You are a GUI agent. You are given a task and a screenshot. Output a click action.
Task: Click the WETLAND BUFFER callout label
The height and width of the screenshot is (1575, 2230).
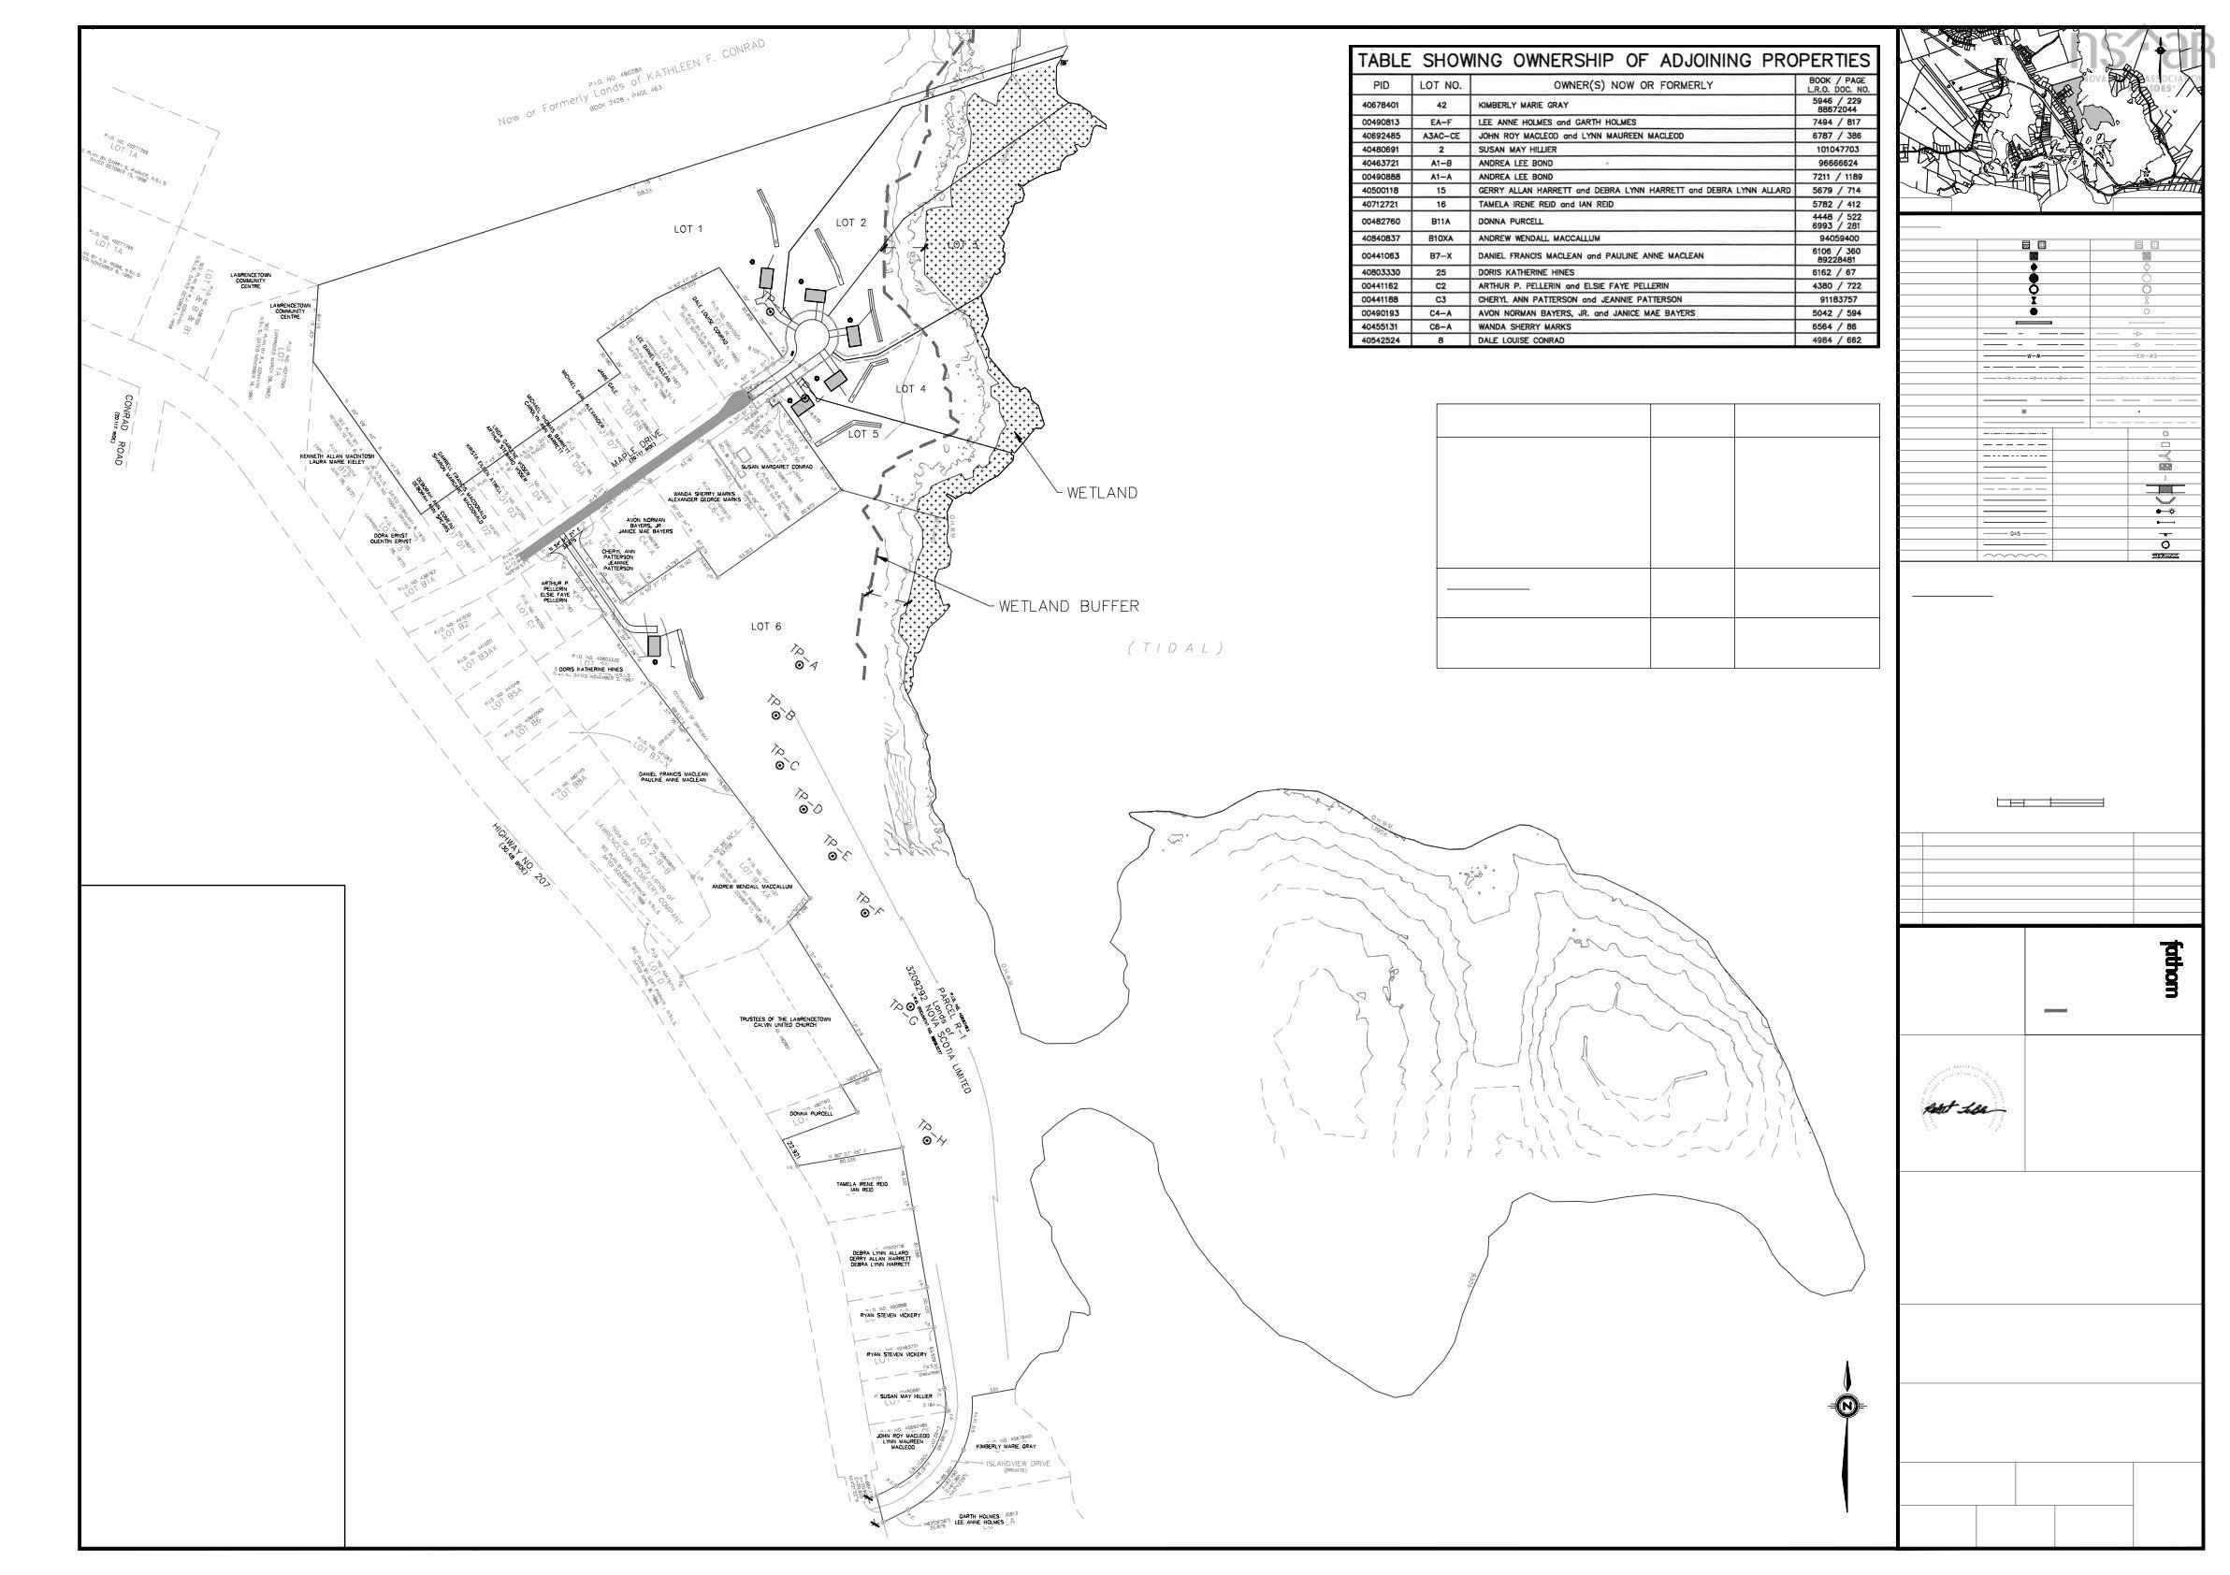[x=1068, y=606]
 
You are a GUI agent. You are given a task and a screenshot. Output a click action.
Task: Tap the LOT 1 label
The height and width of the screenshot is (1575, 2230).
[x=688, y=229]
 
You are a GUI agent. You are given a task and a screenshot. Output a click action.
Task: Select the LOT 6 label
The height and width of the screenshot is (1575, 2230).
[x=765, y=627]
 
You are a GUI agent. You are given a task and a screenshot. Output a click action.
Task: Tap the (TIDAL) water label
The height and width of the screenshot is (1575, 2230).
[x=1175, y=649]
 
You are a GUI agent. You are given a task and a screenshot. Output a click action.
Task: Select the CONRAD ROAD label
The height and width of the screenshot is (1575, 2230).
[x=122, y=429]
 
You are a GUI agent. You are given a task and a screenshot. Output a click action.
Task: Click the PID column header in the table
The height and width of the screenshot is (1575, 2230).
[x=1383, y=84]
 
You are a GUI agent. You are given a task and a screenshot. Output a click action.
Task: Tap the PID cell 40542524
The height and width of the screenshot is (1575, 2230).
[x=1383, y=340]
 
